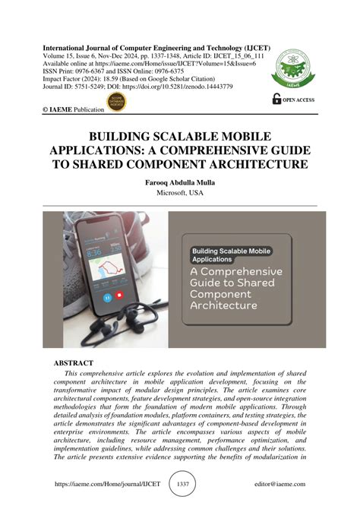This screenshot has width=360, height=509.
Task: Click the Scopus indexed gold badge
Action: [x=116, y=100]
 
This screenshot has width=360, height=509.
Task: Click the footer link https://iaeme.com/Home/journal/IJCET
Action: [x=98, y=483]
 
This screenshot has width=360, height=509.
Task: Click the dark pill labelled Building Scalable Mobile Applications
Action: [x=231, y=253]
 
